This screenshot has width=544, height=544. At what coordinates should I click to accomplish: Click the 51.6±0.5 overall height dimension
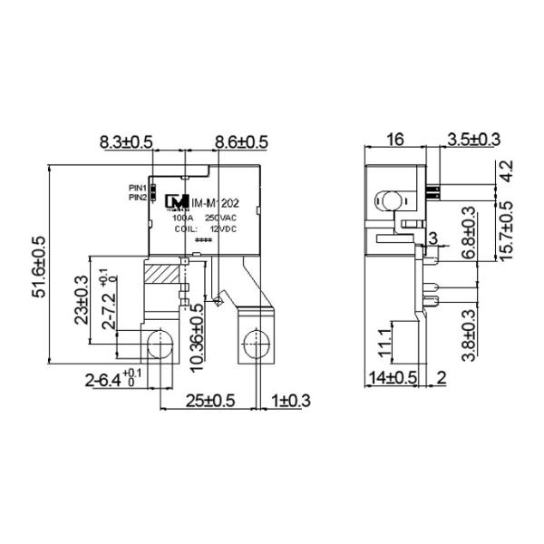click(39, 267)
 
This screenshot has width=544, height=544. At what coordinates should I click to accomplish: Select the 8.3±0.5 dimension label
click(126, 142)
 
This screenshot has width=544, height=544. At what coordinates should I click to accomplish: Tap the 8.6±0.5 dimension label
click(241, 142)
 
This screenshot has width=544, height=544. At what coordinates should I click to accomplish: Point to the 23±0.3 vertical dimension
click(81, 301)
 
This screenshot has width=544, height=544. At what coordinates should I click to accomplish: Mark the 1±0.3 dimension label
click(289, 401)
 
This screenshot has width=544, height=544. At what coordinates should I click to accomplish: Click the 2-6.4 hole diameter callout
click(113, 377)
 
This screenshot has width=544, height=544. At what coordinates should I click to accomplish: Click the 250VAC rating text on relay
click(221, 219)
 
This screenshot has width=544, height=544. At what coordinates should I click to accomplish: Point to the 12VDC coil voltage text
click(221, 229)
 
